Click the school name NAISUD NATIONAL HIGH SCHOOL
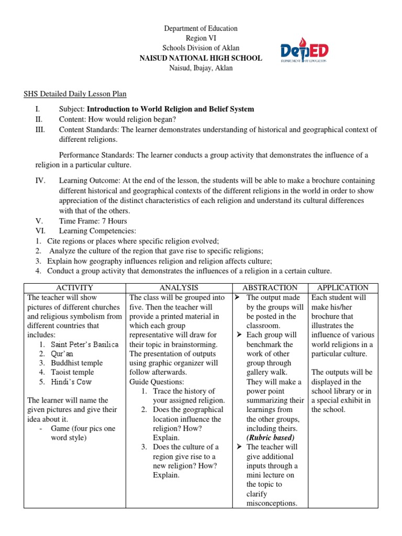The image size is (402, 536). click(x=201, y=58)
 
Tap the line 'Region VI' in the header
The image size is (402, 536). click(x=201, y=38)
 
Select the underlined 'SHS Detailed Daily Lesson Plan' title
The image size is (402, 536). click(x=75, y=94)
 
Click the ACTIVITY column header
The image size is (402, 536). click(x=74, y=288)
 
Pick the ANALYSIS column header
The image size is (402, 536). click(x=178, y=288)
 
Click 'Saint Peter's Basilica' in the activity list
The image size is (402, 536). click(x=85, y=344)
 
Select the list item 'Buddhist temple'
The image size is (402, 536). click(x=77, y=363)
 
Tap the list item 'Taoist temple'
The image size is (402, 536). click(x=73, y=373)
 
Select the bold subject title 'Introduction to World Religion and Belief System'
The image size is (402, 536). click(x=170, y=109)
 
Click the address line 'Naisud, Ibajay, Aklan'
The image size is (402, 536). click(x=201, y=68)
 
